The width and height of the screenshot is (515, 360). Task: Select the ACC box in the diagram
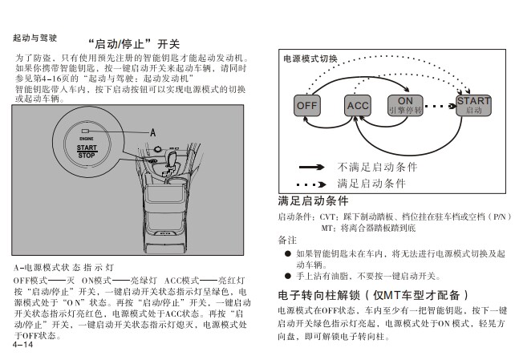pos(356,106)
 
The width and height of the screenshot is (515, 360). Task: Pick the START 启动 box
pos(473,105)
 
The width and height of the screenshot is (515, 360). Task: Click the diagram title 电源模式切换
pos(310,59)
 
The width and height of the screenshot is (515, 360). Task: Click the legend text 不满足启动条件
pos(378,167)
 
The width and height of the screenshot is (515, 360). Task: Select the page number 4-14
pos(22,345)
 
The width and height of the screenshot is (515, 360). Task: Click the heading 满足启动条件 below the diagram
pos(313,200)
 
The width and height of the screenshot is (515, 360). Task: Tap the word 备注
pos(287,240)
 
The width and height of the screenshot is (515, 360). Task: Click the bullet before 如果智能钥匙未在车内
pos(287,253)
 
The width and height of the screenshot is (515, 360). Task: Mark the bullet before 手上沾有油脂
pos(287,275)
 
